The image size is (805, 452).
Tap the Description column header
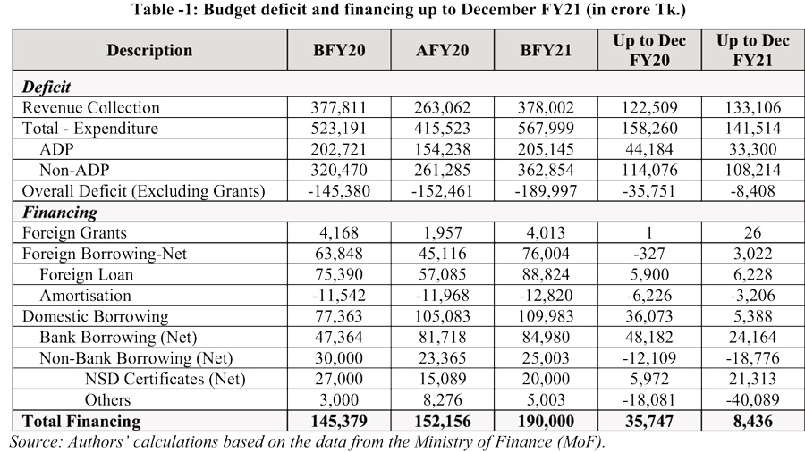[149, 50]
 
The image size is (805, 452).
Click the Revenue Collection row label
[91, 108]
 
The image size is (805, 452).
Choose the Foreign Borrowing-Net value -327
[648, 254]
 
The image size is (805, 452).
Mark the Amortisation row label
[85, 296]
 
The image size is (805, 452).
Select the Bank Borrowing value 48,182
[648, 338]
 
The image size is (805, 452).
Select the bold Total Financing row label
[81, 421]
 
